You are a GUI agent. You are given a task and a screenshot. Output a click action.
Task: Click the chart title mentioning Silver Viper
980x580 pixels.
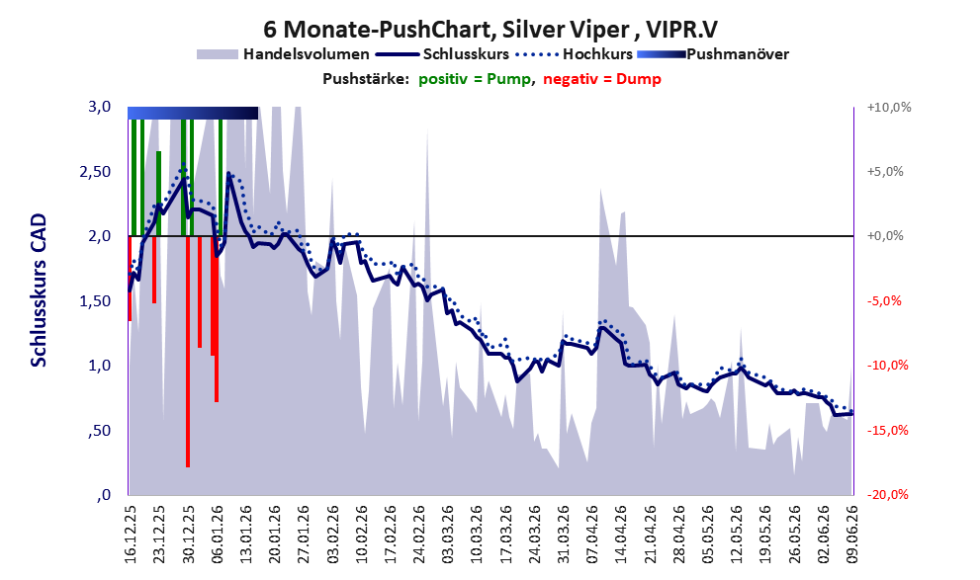[x=490, y=30]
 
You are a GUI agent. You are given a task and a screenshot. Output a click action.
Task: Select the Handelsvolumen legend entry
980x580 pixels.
[x=283, y=54]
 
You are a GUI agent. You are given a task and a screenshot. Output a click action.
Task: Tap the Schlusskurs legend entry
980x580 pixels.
[x=442, y=54]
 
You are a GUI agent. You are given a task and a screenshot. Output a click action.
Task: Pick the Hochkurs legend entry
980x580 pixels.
[x=574, y=54]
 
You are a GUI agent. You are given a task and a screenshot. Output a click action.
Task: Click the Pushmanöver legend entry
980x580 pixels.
[x=713, y=54]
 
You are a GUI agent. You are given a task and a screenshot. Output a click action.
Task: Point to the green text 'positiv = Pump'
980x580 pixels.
[x=475, y=79]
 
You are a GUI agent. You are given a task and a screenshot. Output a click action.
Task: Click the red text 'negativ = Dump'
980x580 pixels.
[x=602, y=79]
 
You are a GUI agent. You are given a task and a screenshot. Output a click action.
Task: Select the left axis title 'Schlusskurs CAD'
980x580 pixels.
[x=39, y=290]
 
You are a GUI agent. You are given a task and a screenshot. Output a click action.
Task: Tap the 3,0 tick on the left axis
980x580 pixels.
[x=99, y=107]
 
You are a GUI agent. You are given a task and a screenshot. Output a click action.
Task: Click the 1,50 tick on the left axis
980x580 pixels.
[x=96, y=301]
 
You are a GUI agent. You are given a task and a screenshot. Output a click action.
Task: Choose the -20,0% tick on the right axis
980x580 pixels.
[x=887, y=494]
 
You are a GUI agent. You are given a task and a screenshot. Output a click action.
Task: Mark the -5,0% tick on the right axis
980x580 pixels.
[x=884, y=301]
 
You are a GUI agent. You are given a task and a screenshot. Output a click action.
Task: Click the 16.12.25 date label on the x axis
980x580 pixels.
[x=130, y=535]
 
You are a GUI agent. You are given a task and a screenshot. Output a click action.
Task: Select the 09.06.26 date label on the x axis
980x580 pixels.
[x=852, y=535]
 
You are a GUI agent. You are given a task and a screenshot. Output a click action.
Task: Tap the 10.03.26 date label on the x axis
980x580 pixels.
[x=477, y=535]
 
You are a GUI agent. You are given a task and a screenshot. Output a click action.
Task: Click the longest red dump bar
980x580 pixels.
[x=188, y=352]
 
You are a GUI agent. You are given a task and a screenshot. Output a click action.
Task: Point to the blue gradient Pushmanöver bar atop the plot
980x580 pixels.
[x=193, y=113]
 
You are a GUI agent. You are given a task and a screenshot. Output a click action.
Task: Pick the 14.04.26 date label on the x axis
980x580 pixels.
[x=621, y=535]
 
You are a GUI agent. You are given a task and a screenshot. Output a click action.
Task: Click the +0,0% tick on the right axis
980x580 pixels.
[x=885, y=236]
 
